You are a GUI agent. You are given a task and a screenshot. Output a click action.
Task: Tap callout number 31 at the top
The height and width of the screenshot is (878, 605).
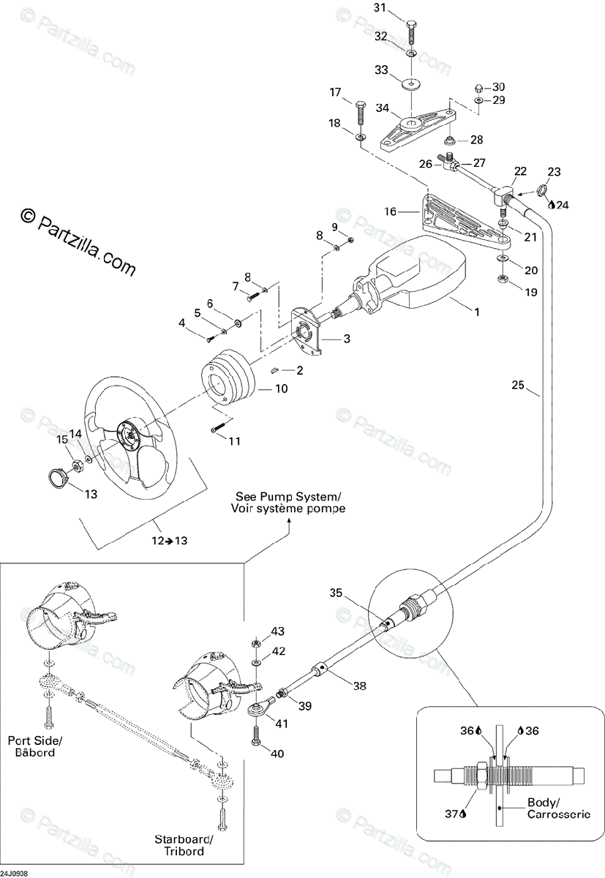point(380,8)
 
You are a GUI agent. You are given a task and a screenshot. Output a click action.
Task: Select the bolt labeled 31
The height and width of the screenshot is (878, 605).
point(411,30)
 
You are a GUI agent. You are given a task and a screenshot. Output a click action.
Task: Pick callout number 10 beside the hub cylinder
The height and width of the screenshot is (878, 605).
point(281,389)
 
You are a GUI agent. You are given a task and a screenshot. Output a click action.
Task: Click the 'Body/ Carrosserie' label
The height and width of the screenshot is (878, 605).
point(558,808)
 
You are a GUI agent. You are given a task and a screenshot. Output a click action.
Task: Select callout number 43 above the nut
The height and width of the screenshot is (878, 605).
point(278,631)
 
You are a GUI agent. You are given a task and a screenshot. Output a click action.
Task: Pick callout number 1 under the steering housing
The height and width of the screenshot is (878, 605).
point(477,312)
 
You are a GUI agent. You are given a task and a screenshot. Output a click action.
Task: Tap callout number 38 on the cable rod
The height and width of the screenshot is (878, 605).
point(359,686)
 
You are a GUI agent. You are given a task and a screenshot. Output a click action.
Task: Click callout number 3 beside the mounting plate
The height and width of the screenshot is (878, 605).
point(347,339)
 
